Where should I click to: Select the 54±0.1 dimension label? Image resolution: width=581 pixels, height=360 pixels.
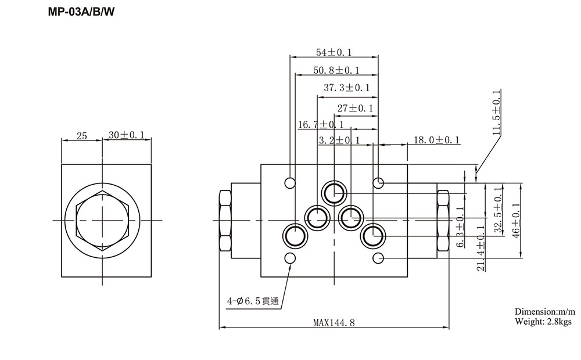pos(333,52)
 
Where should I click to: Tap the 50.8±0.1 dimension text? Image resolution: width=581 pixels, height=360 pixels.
pos(336,70)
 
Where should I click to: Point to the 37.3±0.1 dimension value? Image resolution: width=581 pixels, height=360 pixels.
pos(346,88)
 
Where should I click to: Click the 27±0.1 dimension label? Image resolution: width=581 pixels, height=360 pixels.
pos(354,108)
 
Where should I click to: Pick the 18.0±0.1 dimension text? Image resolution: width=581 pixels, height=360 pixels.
pos(436,140)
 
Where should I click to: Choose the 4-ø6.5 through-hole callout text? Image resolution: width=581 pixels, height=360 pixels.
pos(253,301)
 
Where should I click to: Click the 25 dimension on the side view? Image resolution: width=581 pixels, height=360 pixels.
pos(81,136)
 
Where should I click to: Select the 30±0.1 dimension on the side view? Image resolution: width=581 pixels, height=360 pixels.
pos(126,135)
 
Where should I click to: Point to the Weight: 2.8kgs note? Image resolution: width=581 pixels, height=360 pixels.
pos(543,321)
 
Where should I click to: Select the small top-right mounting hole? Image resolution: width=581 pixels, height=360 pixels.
pos(378,183)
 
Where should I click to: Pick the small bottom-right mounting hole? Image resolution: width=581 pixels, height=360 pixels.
pos(378,258)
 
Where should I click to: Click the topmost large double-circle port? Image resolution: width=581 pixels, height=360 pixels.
pos(335,192)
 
